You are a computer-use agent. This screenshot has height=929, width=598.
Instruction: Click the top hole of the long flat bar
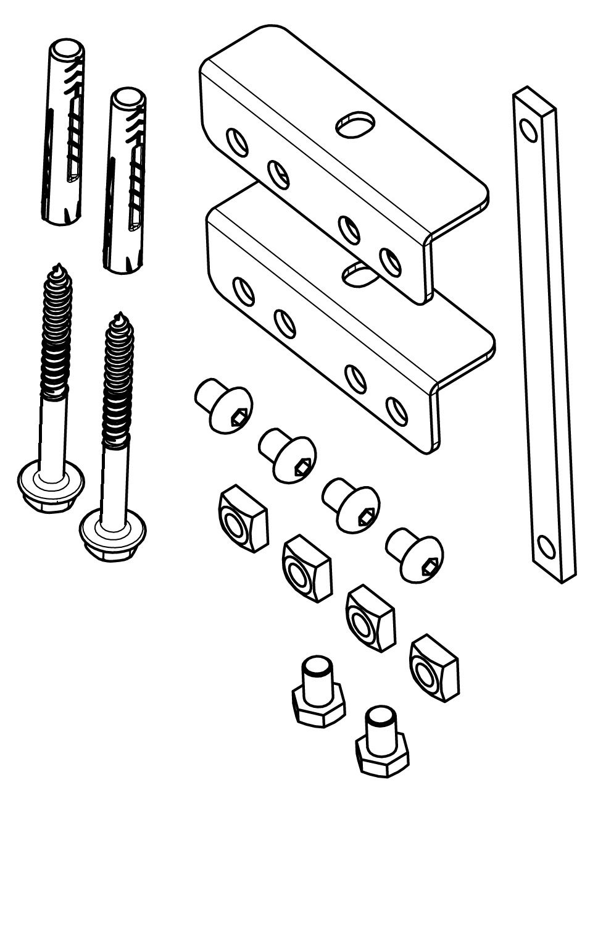tap(528, 130)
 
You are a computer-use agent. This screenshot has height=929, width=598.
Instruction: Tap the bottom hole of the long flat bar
tap(546, 546)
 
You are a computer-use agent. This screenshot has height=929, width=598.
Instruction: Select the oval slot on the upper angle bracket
tap(355, 124)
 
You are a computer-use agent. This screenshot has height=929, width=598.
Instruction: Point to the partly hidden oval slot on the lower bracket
tap(358, 274)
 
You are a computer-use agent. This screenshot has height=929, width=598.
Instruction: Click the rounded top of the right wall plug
tap(128, 98)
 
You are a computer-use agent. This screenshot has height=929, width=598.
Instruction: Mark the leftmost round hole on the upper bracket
tap(237, 141)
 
